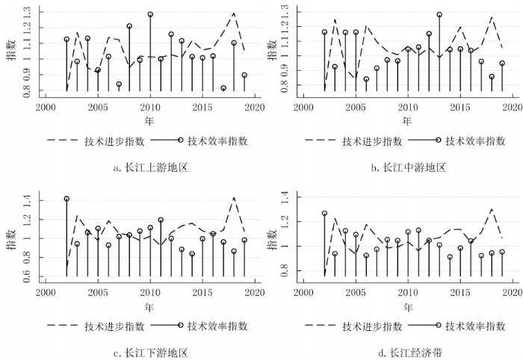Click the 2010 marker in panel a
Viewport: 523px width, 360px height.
[x=150, y=14]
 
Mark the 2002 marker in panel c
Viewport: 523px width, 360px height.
[x=66, y=199]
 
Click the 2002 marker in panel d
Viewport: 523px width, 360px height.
[x=324, y=214]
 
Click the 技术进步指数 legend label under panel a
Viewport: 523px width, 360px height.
[x=108, y=140]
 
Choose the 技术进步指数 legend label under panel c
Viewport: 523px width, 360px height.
[x=108, y=326]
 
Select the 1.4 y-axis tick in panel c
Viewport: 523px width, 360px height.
[x=28, y=200]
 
